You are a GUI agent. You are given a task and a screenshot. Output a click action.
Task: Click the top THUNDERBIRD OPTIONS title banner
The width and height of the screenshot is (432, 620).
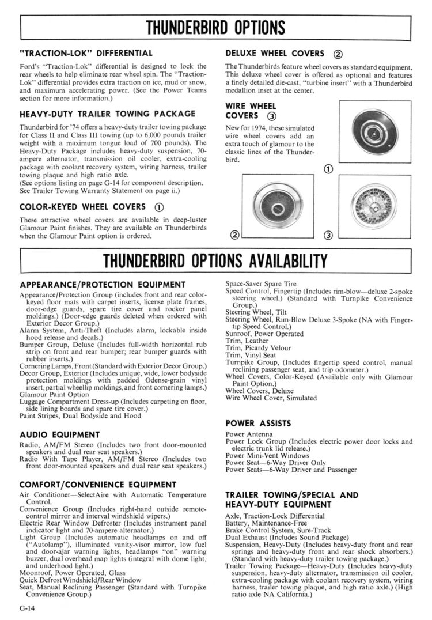(215, 27)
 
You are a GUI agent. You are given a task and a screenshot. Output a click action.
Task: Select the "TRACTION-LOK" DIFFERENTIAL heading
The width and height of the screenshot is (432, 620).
(86, 53)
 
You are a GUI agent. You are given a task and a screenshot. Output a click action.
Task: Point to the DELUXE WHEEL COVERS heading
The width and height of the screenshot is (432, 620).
(275, 53)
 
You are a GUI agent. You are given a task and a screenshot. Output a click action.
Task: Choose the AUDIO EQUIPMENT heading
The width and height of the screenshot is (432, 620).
(59, 434)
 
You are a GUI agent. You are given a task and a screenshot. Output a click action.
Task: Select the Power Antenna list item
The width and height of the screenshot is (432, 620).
(248, 434)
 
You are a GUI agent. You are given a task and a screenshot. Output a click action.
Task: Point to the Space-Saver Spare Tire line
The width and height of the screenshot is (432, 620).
(260, 284)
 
